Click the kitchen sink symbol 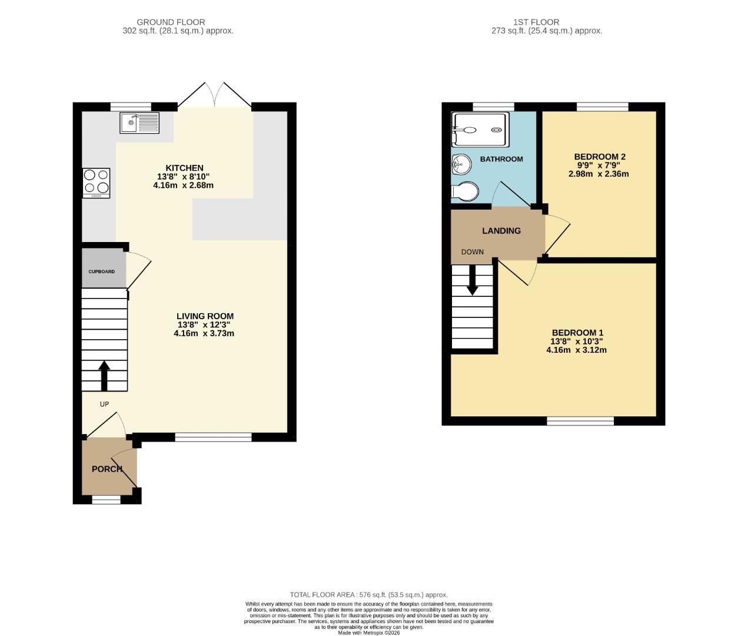[139, 123]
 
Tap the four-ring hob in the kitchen [96, 182]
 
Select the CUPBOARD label [102, 271]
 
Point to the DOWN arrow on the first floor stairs [472, 281]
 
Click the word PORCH [107, 469]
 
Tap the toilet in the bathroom [466, 192]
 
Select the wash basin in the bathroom [461, 163]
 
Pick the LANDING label [501, 231]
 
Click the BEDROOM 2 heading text [600, 157]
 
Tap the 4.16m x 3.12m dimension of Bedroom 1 [576, 350]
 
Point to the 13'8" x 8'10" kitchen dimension [183, 177]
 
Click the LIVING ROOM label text [205, 316]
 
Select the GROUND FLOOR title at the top [171, 22]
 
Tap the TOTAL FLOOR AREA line [368, 595]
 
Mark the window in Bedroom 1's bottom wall [580, 421]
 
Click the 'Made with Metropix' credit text [368, 632]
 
